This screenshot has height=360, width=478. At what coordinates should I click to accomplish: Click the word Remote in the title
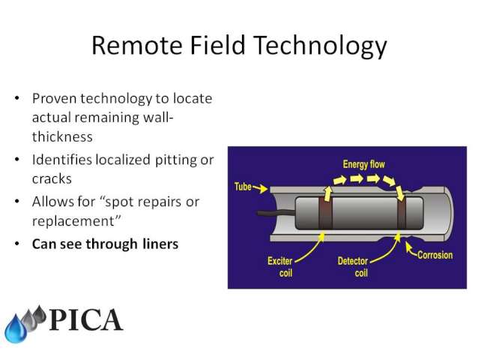click(x=137, y=46)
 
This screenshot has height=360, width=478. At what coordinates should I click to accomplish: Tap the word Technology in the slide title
click(x=320, y=46)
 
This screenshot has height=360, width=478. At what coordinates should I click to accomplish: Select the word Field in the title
click(x=218, y=45)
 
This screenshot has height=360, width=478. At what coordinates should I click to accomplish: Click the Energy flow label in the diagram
click(x=363, y=164)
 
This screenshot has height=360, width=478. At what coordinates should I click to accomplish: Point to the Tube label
click(x=243, y=187)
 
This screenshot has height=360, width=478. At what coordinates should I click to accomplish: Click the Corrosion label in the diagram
click(x=435, y=255)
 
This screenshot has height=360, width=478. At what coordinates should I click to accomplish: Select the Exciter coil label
click(x=280, y=267)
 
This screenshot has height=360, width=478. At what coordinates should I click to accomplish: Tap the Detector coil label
click(x=353, y=267)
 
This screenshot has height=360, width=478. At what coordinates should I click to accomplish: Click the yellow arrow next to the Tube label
click(x=260, y=188)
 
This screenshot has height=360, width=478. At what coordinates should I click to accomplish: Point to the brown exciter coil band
click(x=325, y=213)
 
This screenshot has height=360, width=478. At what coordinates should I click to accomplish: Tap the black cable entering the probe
click(x=276, y=212)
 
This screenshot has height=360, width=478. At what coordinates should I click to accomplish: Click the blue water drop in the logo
click(x=16, y=329)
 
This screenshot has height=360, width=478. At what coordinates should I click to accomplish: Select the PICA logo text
click(x=86, y=319)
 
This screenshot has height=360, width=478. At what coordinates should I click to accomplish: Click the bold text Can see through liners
click(x=105, y=244)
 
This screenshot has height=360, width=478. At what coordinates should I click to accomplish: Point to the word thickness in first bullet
click(x=62, y=136)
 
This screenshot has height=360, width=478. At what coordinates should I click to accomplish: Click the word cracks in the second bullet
click(x=52, y=179)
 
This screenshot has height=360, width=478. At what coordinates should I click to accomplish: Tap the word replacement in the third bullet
click(x=73, y=221)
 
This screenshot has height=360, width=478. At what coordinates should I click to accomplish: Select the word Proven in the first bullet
click(x=54, y=98)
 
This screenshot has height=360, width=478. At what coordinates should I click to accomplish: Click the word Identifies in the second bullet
click(x=62, y=160)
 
